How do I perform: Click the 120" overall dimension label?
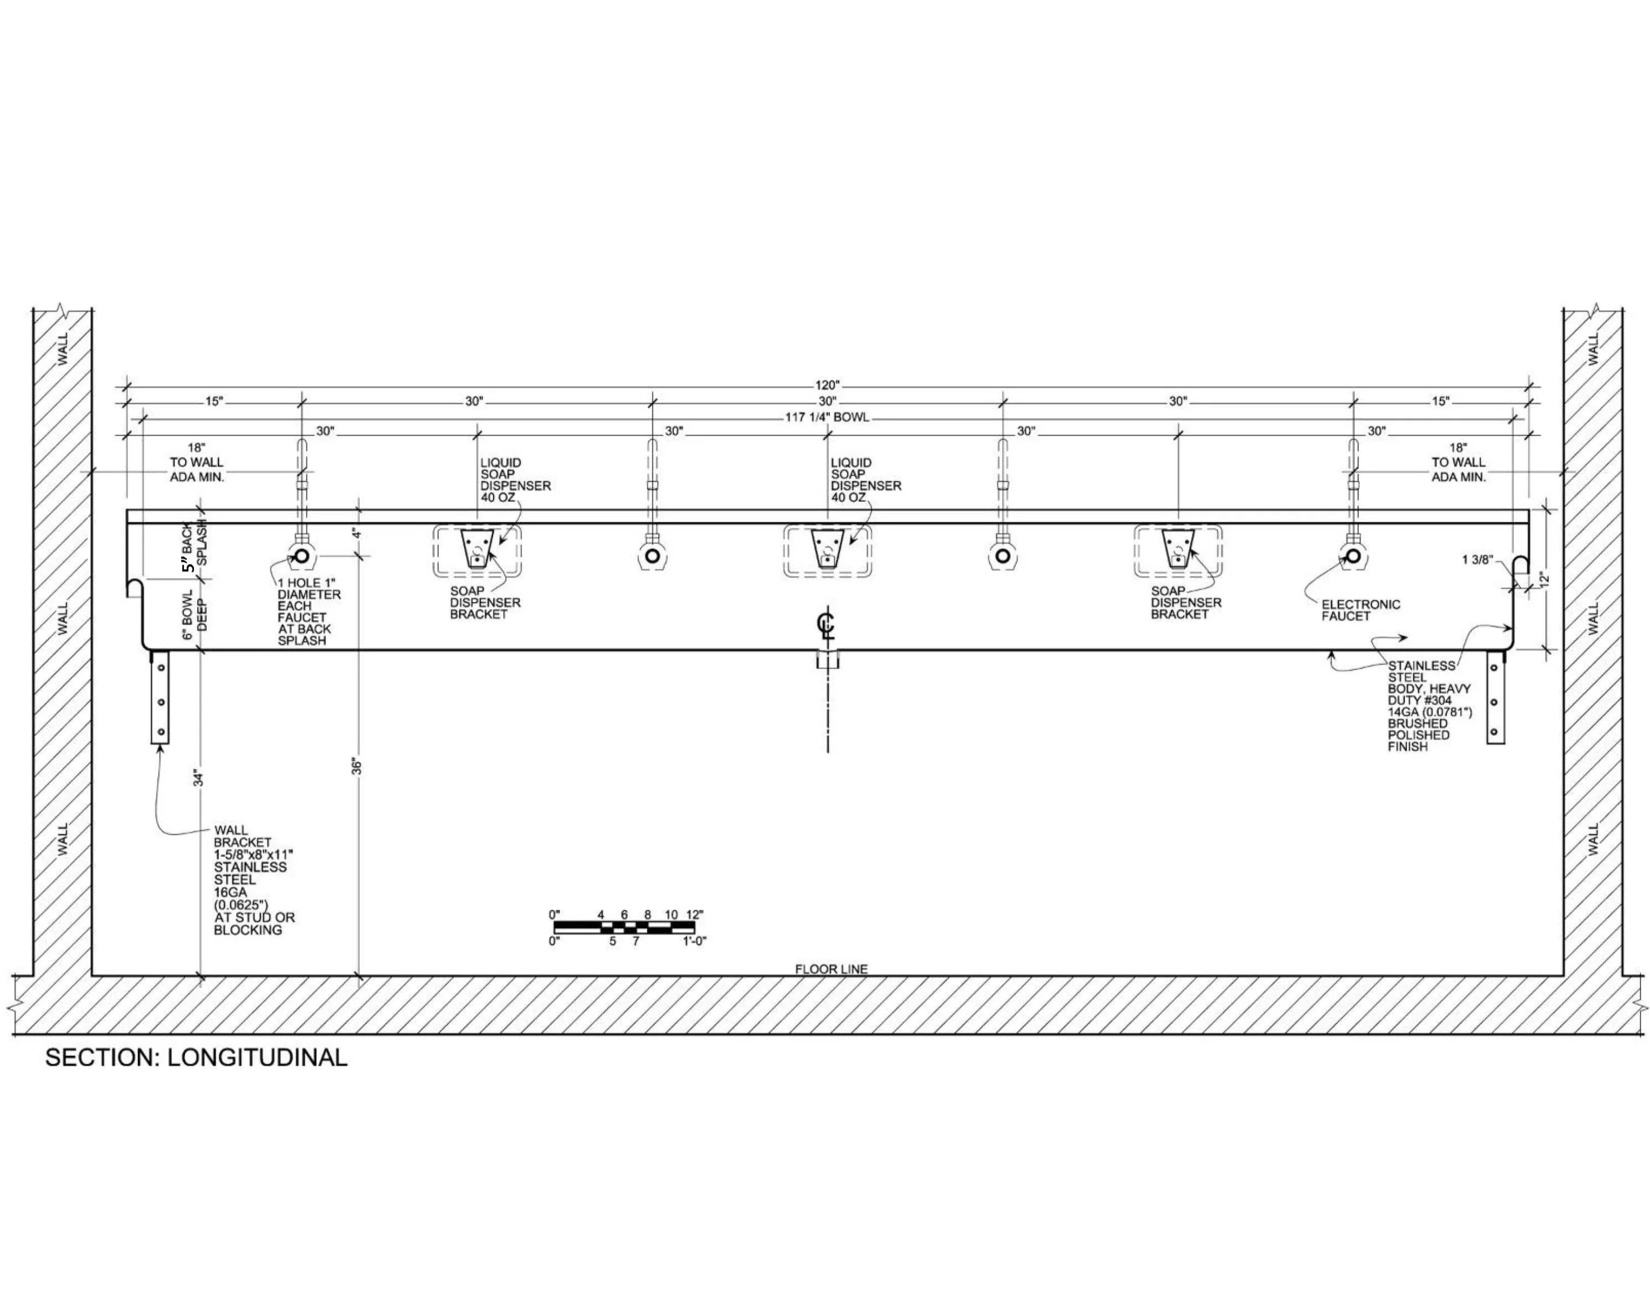pyautogui.click(x=827, y=386)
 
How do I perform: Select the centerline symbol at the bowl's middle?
pyautogui.click(x=827, y=625)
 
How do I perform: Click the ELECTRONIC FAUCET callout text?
pyautogui.click(x=1361, y=610)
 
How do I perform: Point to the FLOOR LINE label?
pyautogui.click(x=831, y=969)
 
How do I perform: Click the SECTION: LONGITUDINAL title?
pyautogui.click(x=196, y=1058)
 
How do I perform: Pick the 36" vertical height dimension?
pyautogui.click(x=357, y=766)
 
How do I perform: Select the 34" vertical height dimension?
pyautogui.click(x=199, y=778)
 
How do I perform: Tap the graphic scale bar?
pyautogui.click(x=624, y=928)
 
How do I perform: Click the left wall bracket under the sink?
pyautogui.click(x=161, y=697)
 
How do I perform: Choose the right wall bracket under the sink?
pyautogui.click(x=1495, y=697)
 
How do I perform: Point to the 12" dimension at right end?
pyautogui.click(x=1544, y=579)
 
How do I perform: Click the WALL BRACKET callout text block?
pyautogui.click(x=254, y=880)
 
